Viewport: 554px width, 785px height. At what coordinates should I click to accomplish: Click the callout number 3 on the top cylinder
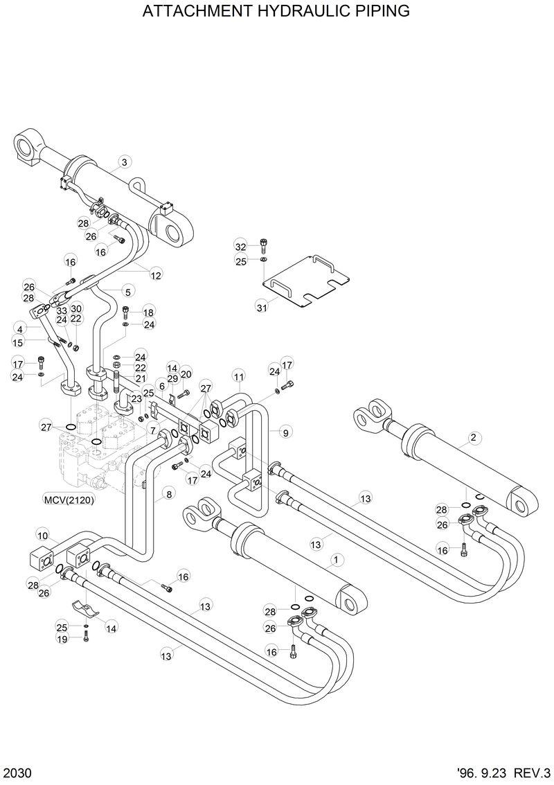click(x=124, y=162)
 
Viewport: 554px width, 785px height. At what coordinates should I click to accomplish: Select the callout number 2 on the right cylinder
click(x=473, y=437)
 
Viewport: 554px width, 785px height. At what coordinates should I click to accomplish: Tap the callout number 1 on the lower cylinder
click(x=335, y=559)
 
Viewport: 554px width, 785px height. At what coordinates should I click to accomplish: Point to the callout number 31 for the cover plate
click(x=261, y=307)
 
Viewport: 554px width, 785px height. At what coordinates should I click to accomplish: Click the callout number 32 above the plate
click(x=240, y=247)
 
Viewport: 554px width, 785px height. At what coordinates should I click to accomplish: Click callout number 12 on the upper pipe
click(x=156, y=275)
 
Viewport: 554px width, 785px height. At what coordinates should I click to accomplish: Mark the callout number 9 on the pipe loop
click(x=285, y=432)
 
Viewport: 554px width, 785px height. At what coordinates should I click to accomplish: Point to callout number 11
click(x=239, y=377)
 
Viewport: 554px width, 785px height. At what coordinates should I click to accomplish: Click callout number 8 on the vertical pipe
click(x=168, y=495)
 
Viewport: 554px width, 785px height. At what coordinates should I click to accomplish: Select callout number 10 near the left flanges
click(x=42, y=535)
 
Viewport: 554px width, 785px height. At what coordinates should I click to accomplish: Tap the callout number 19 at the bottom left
click(x=62, y=639)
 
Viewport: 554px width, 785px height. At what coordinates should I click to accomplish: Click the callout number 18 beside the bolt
click(x=149, y=312)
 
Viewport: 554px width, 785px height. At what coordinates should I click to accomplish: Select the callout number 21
click(x=141, y=378)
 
